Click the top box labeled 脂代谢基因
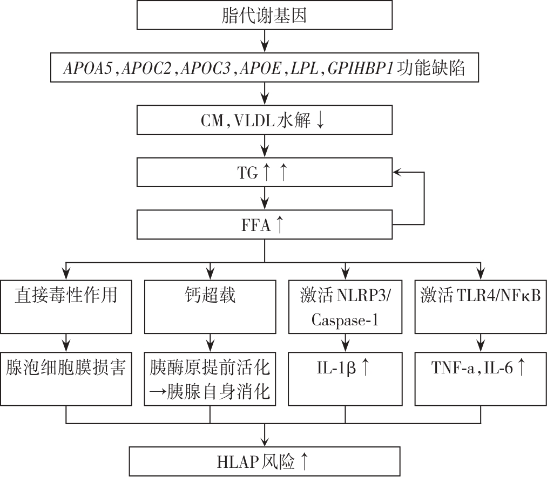click(264, 16)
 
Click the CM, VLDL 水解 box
click(264, 120)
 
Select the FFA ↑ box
click(264, 224)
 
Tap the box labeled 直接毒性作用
click(66, 306)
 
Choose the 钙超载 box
click(211, 306)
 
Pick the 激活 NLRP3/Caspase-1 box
click(345, 306)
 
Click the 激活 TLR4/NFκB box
click(480, 306)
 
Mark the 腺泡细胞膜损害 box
click(66, 378)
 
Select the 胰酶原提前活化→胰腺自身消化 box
click(211, 378)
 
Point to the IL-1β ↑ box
click(345, 378)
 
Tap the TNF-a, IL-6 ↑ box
click(480, 378)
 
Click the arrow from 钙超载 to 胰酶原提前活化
click(211, 342)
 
